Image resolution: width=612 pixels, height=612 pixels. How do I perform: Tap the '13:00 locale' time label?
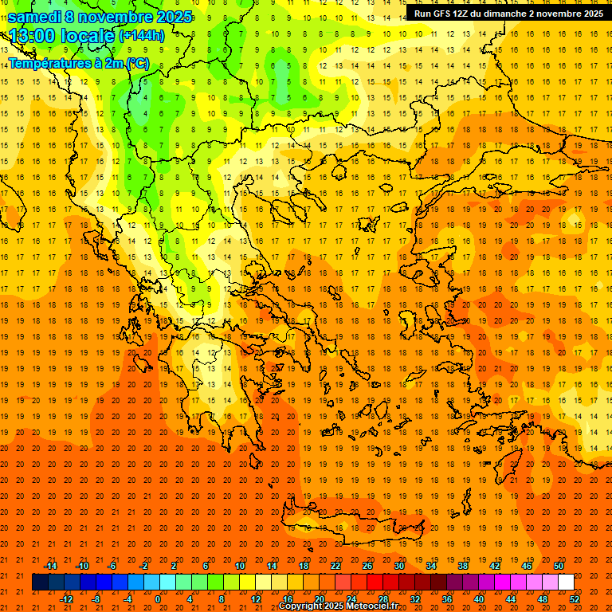point(61,36)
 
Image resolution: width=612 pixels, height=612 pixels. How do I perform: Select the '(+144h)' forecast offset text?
point(141,36)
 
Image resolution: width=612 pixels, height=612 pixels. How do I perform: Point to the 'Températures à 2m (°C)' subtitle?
point(78,63)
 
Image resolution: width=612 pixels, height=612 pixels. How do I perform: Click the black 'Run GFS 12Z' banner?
point(508,14)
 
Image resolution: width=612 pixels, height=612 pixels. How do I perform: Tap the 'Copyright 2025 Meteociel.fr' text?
point(338,606)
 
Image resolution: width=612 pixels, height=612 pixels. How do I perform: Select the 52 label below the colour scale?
point(575,598)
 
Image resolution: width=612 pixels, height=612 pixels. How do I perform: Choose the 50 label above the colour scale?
point(559,566)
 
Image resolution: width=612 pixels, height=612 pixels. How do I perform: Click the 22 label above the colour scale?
point(335,566)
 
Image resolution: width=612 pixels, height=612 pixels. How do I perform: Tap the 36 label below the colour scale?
point(446,598)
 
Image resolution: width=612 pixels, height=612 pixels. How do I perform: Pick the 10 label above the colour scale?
point(240,566)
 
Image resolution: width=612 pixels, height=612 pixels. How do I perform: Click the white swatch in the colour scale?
point(566,583)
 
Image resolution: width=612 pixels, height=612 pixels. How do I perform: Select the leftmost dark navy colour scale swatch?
point(40,583)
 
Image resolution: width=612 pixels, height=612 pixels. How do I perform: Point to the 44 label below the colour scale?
point(511,598)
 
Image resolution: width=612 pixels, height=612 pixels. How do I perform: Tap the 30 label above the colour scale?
point(399,566)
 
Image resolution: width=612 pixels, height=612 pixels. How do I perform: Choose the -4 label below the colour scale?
point(127,598)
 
